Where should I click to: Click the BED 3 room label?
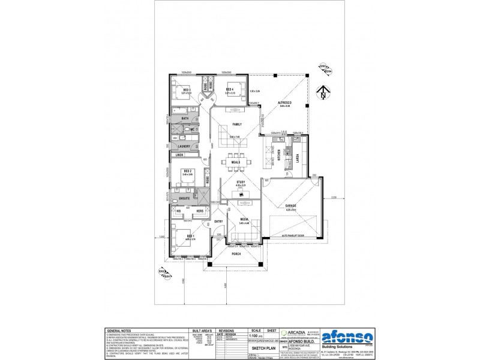tap(187, 90)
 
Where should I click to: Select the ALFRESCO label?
tap(284, 103)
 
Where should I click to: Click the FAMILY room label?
tap(237, 124)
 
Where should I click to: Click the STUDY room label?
tap(241, 182)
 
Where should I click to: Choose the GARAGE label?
tap(292, 205)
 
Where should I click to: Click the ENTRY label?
tap(218, 221)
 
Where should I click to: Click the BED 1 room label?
tap(190, 236)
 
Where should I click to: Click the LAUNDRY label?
tap(184, 145)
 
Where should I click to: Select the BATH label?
tap(185, 119)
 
